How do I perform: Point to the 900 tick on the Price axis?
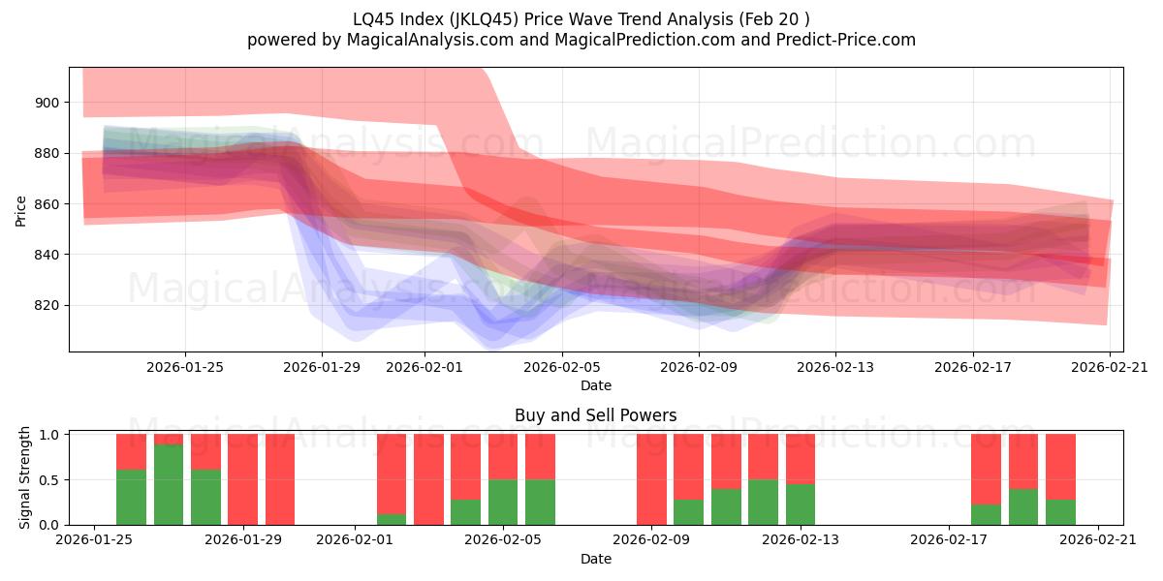coord(47,103)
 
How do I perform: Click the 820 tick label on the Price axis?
coord(47,305)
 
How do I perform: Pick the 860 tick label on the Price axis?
coord(47,204)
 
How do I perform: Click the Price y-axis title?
coord(20,209)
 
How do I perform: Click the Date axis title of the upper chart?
coord(595,385)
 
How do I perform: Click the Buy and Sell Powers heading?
coord(595,415)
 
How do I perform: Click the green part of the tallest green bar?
coord(169,484)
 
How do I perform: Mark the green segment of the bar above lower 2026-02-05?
coord(503,502)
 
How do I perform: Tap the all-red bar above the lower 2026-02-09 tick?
coord(651,479)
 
